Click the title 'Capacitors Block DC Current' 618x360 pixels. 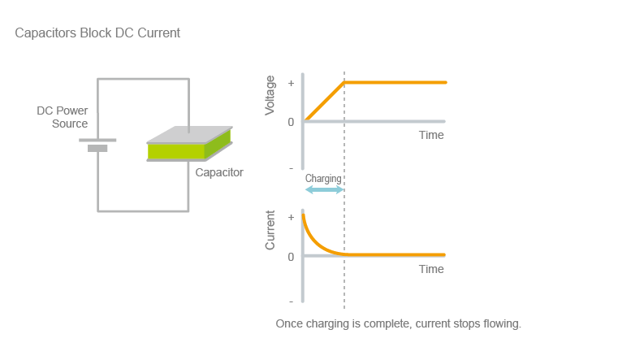click(x=97, y=33)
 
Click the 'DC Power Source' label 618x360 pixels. click(x=63, y=117)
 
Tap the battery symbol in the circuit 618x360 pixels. click(x=97, y=145)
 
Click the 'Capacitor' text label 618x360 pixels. click(x=219, y=172)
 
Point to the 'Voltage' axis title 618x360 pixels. click(x=270, y=96)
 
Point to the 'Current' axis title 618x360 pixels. click(x=270, y=230)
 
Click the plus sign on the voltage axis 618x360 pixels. click(x=291, y=83)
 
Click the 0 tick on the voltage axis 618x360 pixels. click(x=291, y=122)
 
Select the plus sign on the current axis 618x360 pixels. click(x=291, y=218)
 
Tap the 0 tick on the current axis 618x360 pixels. click(x=291, y=256)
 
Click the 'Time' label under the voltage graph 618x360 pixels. click(x=431, y=135)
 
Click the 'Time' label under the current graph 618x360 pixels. click(x=431, y=269)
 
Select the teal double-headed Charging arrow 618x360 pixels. click(x=324, y=189)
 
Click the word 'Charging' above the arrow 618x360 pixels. click(x=323, y=178)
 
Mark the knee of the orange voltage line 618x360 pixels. click(x=344, y=82)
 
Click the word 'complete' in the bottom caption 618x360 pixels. click(x=386, y=323)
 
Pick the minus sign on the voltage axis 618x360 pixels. click(x=291, y=167)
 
